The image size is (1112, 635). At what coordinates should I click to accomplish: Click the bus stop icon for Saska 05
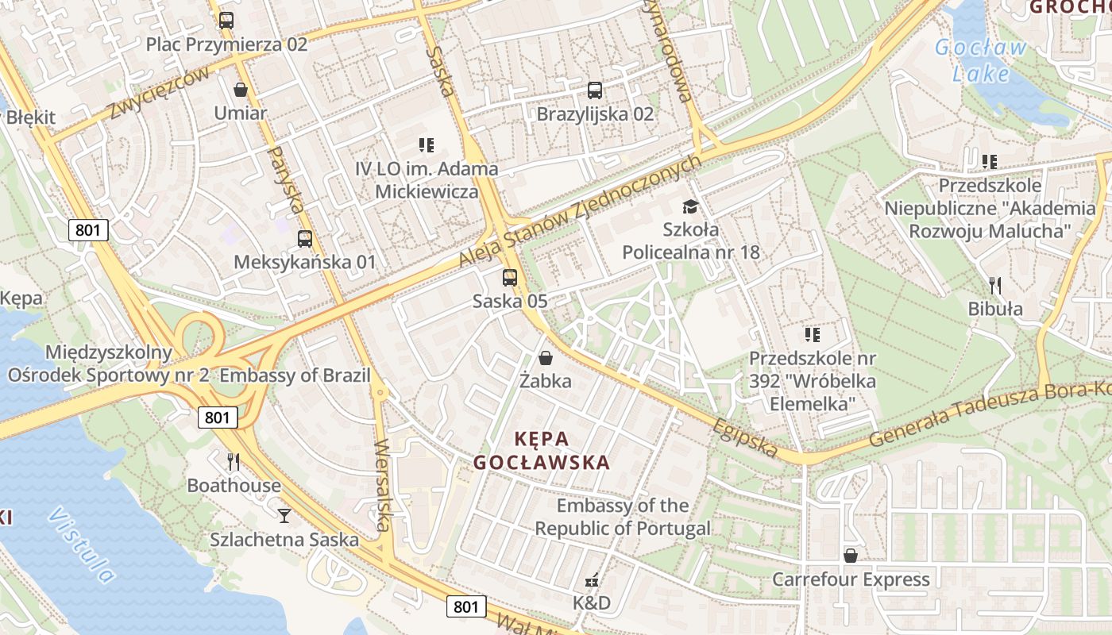point(510,278)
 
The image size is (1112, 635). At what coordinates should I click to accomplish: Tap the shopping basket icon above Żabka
point(546,358)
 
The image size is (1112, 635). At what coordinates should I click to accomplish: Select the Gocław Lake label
point(982,60)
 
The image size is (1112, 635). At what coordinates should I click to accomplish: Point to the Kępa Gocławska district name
point(542,450)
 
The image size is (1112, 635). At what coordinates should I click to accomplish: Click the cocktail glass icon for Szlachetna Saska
point(284,516)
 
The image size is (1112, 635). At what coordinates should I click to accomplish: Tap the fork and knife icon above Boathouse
point(234,461)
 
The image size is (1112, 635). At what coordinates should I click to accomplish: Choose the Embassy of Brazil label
point(295,375)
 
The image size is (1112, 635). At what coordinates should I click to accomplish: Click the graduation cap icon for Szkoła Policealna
point(690,206)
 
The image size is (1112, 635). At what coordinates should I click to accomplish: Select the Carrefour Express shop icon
point(851,556)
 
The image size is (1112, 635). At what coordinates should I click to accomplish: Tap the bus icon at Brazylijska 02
point(595,90)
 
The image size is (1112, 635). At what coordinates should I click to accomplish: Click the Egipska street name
point(745,437)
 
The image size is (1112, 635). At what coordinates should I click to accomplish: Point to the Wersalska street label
point(383,485)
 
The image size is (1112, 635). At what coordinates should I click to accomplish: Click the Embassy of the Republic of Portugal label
point(623,517)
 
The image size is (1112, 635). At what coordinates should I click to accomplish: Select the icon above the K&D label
point(592,580)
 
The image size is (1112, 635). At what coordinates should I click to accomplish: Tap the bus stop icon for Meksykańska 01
point(304,238)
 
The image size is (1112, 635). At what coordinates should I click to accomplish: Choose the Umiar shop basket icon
point(241,90)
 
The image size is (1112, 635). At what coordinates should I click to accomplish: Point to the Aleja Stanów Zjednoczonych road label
point(581,211)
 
